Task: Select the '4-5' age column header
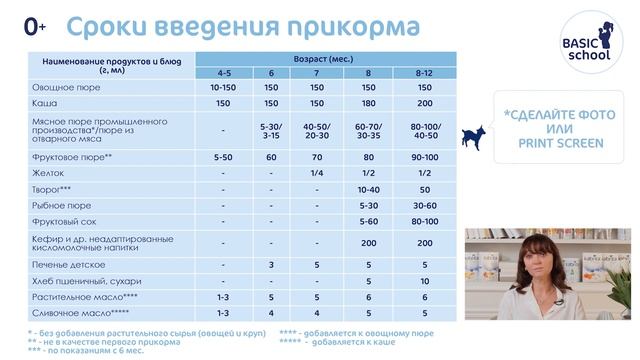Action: pos(222,73)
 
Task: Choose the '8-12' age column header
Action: pos(424,73)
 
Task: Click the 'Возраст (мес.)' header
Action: pos(323,59)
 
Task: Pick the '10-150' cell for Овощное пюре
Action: pos(222,88)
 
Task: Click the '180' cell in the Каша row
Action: pos(370,103)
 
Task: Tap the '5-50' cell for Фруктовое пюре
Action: pos(222,158)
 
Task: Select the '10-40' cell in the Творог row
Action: pos(370,189)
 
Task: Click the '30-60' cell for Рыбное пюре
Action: pos(424,205)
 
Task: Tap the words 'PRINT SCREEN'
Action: pos(560,144)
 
